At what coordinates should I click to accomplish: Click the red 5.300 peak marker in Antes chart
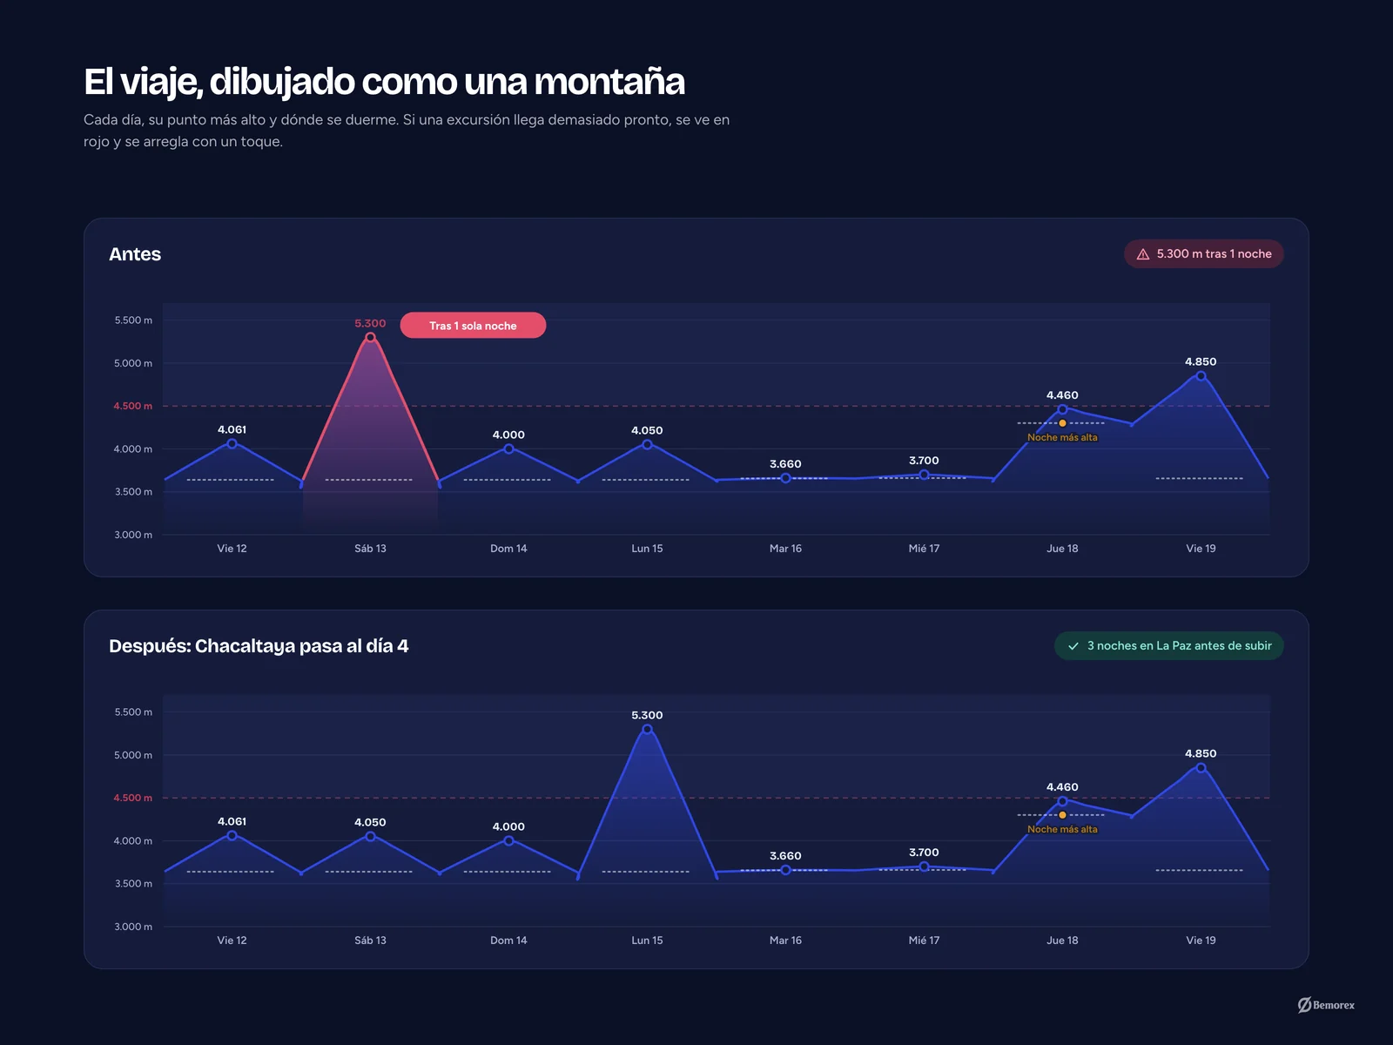pyautogui.click(x=370, y=338)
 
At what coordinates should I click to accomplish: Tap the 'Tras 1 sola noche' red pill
pyautogui.click(x=473, y=326)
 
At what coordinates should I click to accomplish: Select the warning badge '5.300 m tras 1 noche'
pyautogui.click(x=1204, y=253)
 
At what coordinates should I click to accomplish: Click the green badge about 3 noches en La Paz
pyautogui.click(x=1169, y=646)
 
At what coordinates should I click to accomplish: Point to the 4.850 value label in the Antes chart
pyautogui.click(x=1201, y=361)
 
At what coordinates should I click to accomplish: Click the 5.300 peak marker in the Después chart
pyautogui.click(x=648, y=730)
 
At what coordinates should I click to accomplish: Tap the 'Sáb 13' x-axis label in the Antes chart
pyautogui.click(x=370, y=549)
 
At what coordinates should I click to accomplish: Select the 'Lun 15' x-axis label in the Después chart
pyautogui.click(x=648, y=940)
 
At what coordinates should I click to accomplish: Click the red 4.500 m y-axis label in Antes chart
pyautogui.click(x=132, y=406)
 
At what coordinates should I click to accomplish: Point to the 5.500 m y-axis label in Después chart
pyautogui.click(x=133, y=711)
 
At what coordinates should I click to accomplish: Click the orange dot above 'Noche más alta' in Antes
pyautogui.click(x=1062, y=423)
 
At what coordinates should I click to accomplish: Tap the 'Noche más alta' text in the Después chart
pyautogui.click(x=1062, y=829)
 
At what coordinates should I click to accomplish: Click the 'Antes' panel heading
pyautogui.click(x=135, y=253)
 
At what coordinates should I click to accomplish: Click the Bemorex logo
pyautogui.click(x=1326, y=1005)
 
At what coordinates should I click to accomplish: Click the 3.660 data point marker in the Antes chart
pyautogui.click(x=785, y=478)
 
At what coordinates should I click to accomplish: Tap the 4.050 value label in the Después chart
pyautogui.click(x=370, y=822)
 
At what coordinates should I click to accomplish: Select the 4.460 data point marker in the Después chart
pyautogui.click(x=1062, y=801)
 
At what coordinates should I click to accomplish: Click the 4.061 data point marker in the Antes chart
pyautogui.click(x=232, y=444)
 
